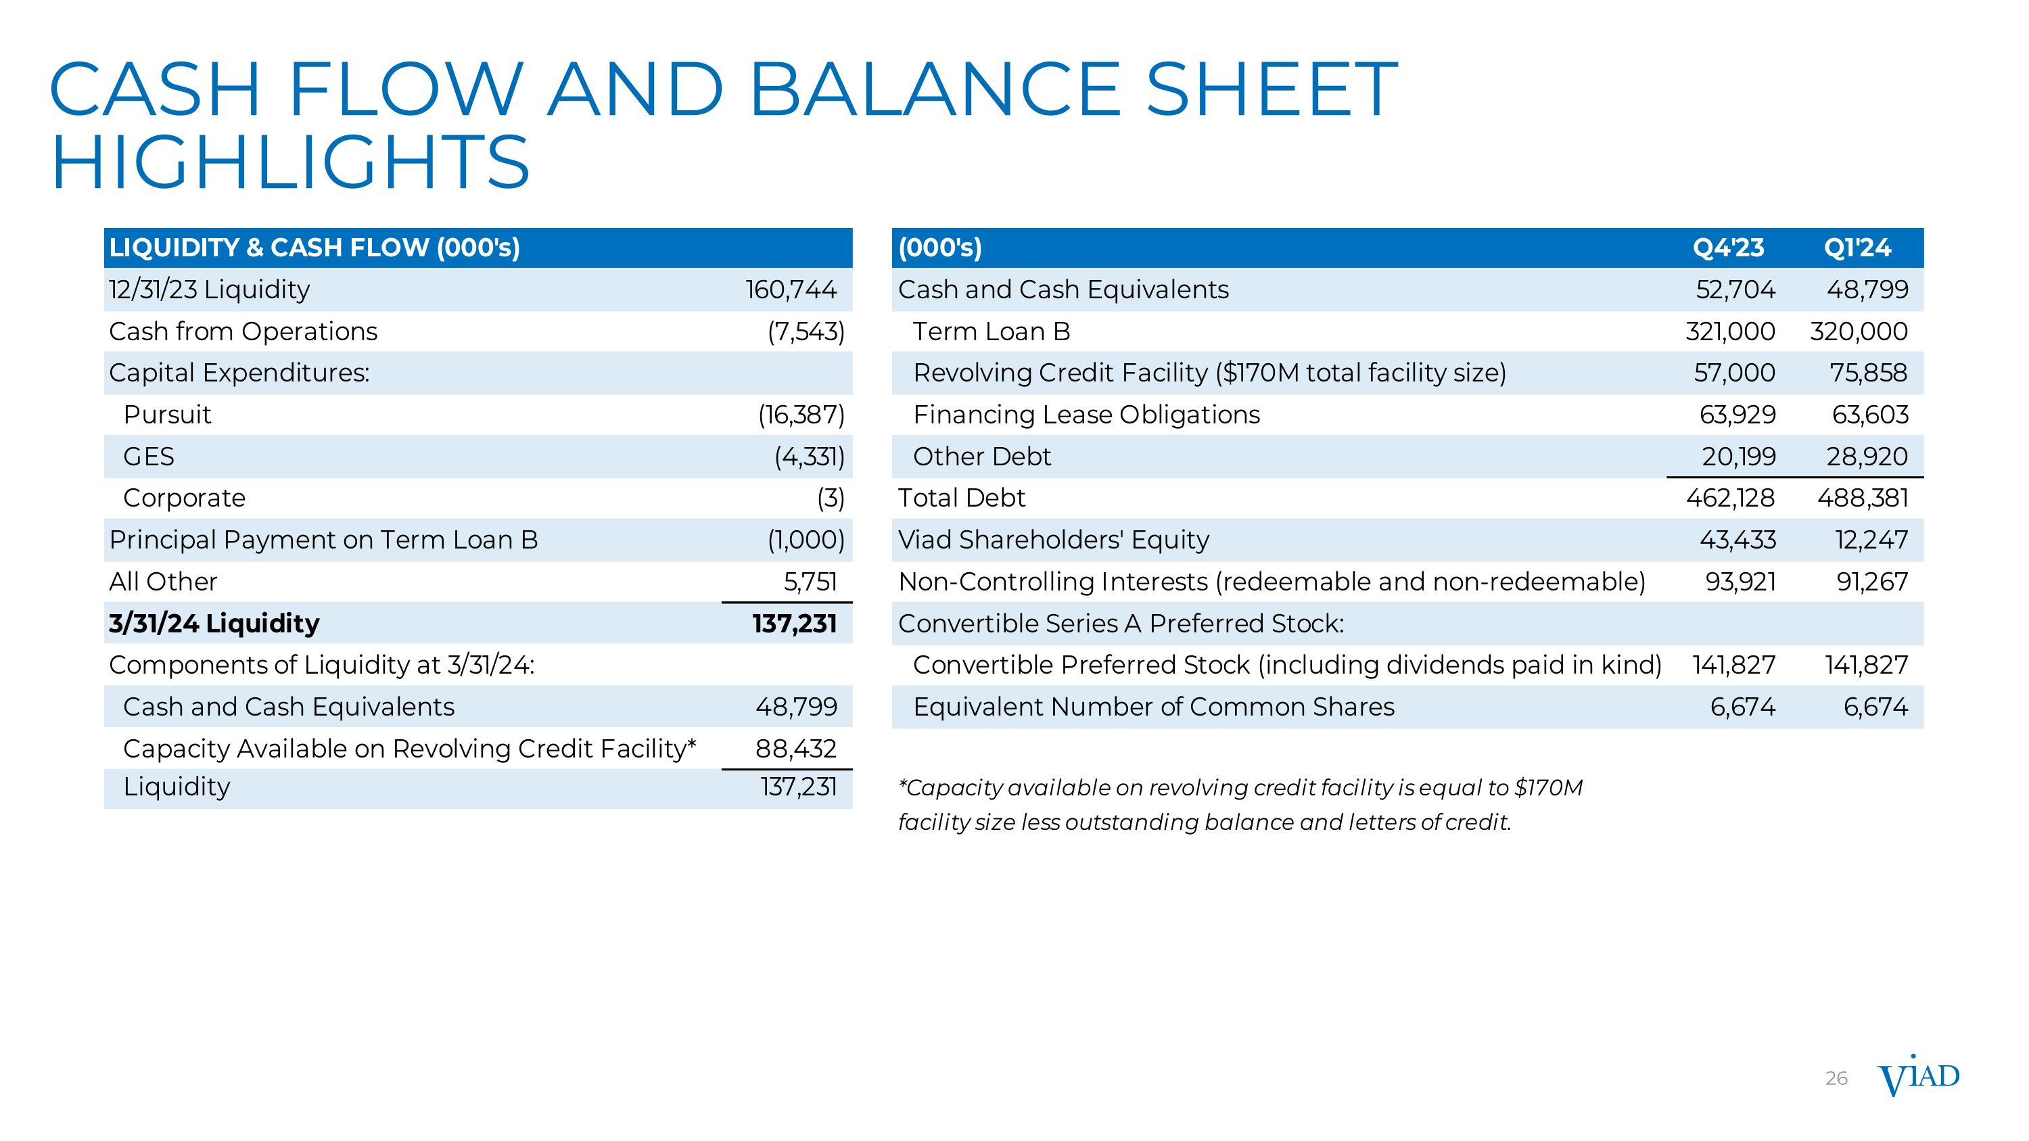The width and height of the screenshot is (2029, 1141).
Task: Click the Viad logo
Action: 1918,1077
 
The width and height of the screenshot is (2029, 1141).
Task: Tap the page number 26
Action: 1836,1079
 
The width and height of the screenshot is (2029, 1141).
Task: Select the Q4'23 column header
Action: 1728,248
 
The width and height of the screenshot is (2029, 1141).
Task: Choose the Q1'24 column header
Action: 1857,248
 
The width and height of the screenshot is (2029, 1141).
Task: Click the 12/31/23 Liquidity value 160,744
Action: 791,289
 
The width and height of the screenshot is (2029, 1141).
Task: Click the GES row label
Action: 149,457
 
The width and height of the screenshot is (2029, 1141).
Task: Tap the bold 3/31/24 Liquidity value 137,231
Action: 794,624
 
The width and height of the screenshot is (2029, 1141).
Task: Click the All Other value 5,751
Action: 810,582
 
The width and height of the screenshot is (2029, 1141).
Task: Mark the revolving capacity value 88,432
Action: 795,749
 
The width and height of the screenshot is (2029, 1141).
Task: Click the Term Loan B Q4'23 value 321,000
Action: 1729,331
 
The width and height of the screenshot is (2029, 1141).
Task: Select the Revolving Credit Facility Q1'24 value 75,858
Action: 1868,373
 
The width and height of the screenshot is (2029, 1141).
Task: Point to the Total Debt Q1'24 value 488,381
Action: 1863,498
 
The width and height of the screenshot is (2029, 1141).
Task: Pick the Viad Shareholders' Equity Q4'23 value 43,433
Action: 1738,540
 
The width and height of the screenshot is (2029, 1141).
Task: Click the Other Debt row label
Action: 981,457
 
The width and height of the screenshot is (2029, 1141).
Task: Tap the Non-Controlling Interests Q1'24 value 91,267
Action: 1872,582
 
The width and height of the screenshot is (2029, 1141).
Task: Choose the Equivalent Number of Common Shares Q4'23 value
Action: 1742,707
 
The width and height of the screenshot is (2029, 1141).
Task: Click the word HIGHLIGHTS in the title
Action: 290,162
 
